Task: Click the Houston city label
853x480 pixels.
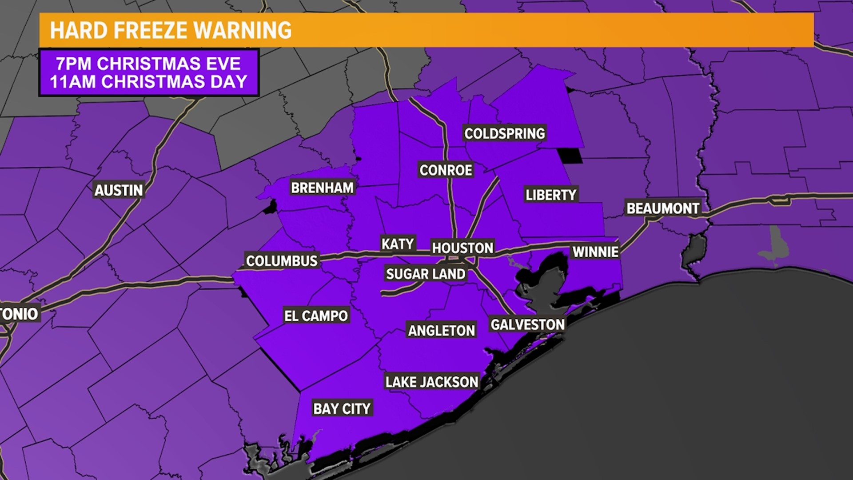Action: pos(462,248)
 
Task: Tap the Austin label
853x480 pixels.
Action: pos(119,190)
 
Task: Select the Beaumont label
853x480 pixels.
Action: pos(663,208)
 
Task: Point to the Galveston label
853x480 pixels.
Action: pos(527,324)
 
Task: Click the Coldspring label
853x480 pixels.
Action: pos(505,133)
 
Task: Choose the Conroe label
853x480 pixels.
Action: pos(446,170)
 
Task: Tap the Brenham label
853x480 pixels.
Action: pos(322,188)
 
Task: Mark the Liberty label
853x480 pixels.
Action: pos(550,195)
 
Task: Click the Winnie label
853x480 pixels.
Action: pos(595,252)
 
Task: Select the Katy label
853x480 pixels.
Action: pos(398,244)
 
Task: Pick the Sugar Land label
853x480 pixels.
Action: pos(426,274)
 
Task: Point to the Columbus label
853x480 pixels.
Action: pos(282,260)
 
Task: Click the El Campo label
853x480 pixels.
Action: pos(316,316)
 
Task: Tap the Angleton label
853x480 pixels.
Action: pos(442,330)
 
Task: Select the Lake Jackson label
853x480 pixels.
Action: pos(432,382)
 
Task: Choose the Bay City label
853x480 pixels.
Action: pos(342,408)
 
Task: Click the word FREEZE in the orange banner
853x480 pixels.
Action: pos(151,30)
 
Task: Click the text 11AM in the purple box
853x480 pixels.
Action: pos(72,82)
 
